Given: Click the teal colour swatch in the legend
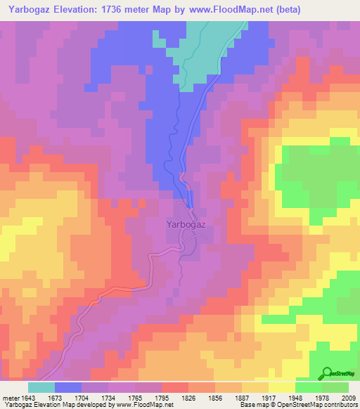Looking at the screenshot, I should tap(41, 387).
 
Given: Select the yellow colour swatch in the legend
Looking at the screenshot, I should tap(282, 387).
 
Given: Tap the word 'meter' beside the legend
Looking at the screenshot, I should tap(11, 398).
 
